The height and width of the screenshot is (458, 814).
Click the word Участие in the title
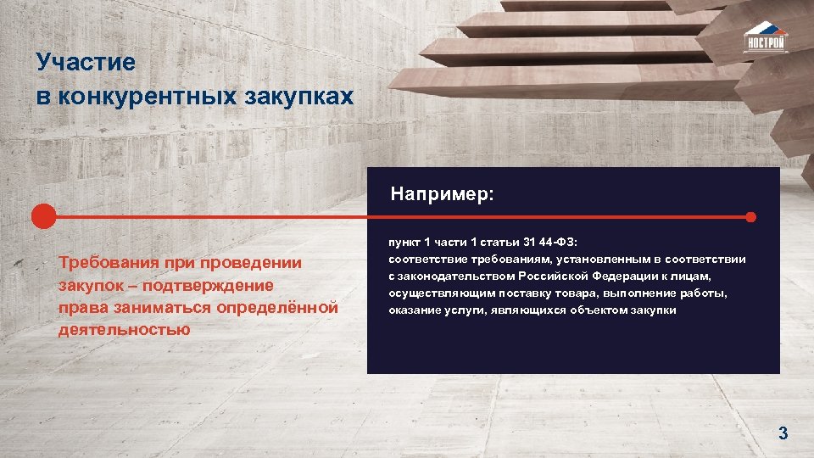[x=86, y=62]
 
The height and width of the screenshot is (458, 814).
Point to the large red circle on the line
[x=43, y=216]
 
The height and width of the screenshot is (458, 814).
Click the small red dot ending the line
[x=750, y=216]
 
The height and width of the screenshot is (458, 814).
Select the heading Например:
[x=442, y=194]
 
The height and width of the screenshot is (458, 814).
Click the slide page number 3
[x=783, y=434]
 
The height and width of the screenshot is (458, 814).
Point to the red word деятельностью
[x=124, y=329]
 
